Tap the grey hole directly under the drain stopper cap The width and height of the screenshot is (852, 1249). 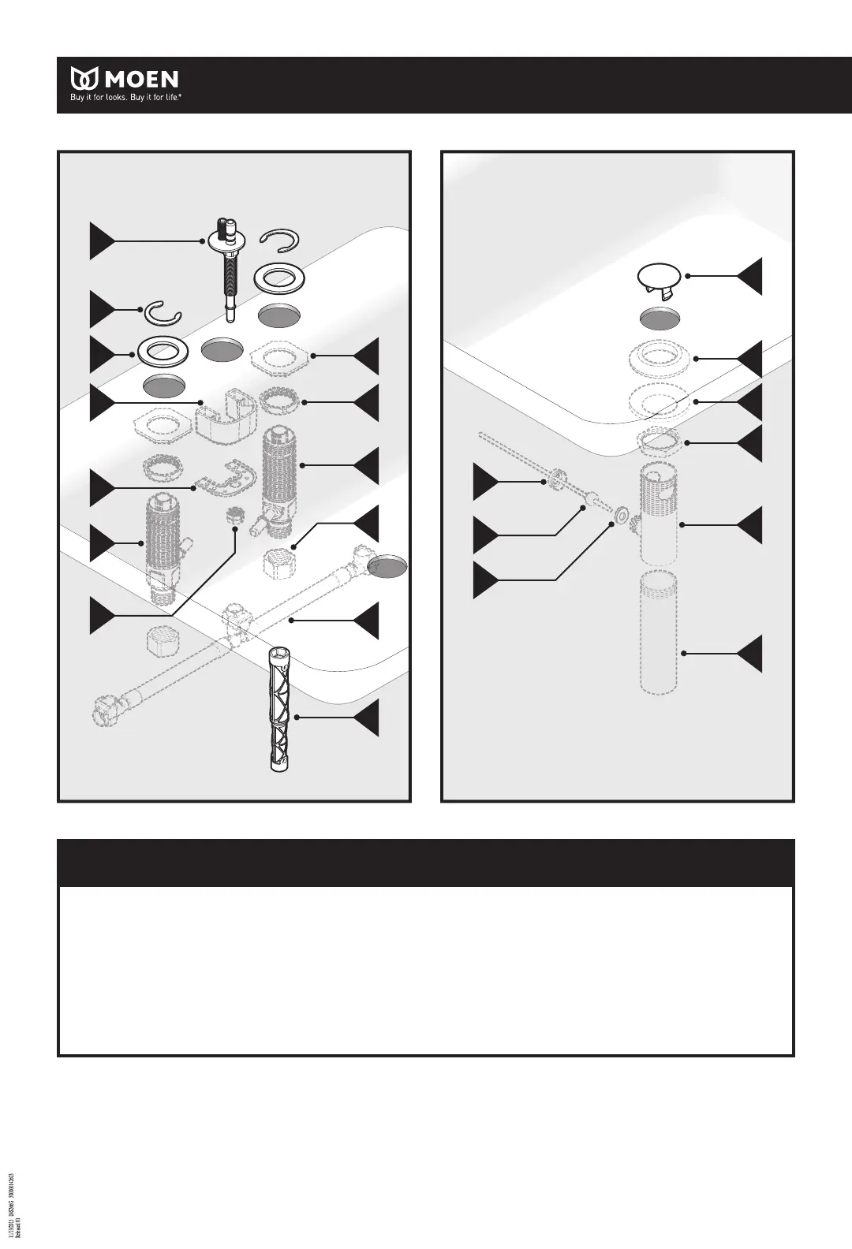(x=659, y=318)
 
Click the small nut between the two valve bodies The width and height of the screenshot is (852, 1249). (x=234, y=518)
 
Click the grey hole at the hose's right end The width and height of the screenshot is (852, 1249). (x=389, y=565)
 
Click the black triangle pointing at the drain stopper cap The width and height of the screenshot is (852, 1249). (x=749, y=276)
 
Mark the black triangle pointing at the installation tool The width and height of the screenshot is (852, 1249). (x=365, y=718)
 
